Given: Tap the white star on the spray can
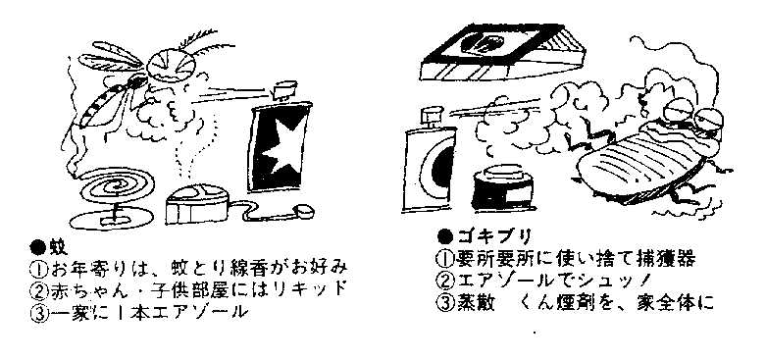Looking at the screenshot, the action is point(282,145).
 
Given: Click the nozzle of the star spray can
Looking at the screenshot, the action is point(285,91).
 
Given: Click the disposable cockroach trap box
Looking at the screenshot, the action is point(502,52).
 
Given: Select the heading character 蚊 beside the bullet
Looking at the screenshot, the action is point(58,247).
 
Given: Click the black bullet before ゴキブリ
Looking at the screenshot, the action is point(445,237).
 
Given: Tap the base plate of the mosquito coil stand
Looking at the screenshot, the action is point(112,218).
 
